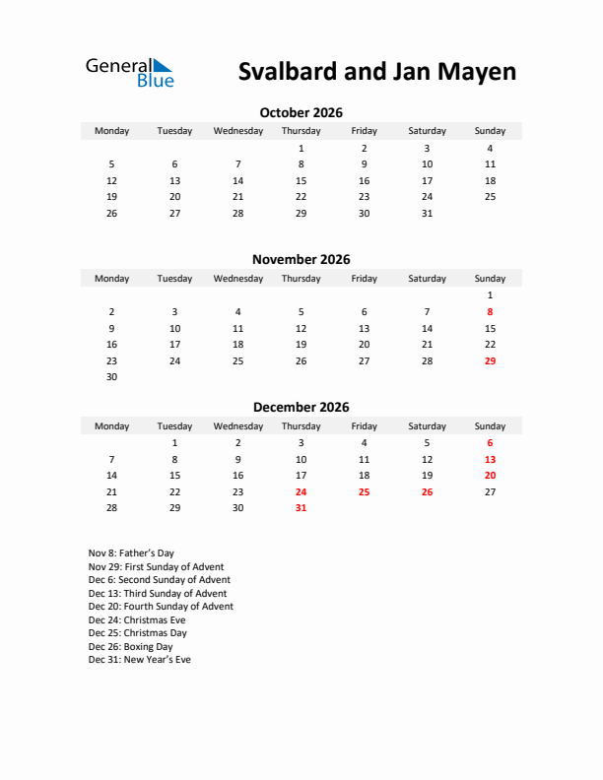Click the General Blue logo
tap(129, 72)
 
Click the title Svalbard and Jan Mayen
tap(376, 72)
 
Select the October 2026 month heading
tap(301, 112)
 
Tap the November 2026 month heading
tap(301, 260)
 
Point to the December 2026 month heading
tap(301, 407)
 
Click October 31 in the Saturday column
tap(427, 213)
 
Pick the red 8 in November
tap(490, 311)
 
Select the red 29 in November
tap(490, 360)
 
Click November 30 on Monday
tap(111, 376)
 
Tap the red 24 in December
tap(301, 491)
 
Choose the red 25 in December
tap(364, 491)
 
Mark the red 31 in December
tap(301, 508)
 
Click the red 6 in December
tap(490, 443)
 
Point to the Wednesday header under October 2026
tap(237, 131)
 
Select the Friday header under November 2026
tap(364, 279)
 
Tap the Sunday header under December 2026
tap(490, 426)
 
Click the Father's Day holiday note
tap(131, 553)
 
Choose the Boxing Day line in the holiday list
tap(130, 646)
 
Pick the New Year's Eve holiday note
tap(139, 660)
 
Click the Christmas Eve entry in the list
tap(137, 620)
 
